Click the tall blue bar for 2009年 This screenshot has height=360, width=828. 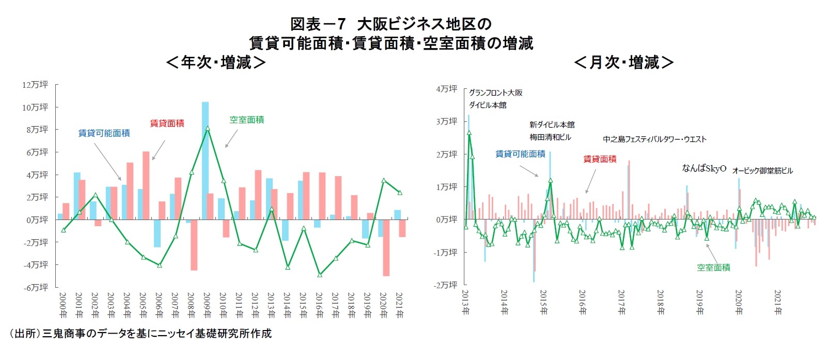tap(205, 160)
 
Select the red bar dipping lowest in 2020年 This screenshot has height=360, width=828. tap(386, 248)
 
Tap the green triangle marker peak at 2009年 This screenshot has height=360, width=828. tap(208, 128)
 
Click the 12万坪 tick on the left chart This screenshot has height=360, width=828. tap(35, 85)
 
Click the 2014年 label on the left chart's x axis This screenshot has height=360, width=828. tap(287, 305)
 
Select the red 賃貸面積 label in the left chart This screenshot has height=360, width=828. tap(167, 123)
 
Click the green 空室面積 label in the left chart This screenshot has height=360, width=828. tap(246, 120)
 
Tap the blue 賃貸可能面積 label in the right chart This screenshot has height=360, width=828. tap(520, 154)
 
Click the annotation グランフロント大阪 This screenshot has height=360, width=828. tap(495, 92)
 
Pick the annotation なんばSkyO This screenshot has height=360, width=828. tap(704, 168)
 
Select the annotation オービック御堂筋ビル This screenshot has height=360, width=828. tap(762, 170)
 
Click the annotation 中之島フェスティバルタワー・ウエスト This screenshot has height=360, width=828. tap(654, 139)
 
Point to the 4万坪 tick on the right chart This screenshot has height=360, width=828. tap(446, 89)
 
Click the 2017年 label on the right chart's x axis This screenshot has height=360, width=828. tap(621, 303)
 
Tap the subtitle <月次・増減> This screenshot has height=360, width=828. tap(623, 62)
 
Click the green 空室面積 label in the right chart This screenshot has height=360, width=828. tap(713, 268)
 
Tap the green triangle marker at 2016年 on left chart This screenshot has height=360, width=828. tap(320, 275)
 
